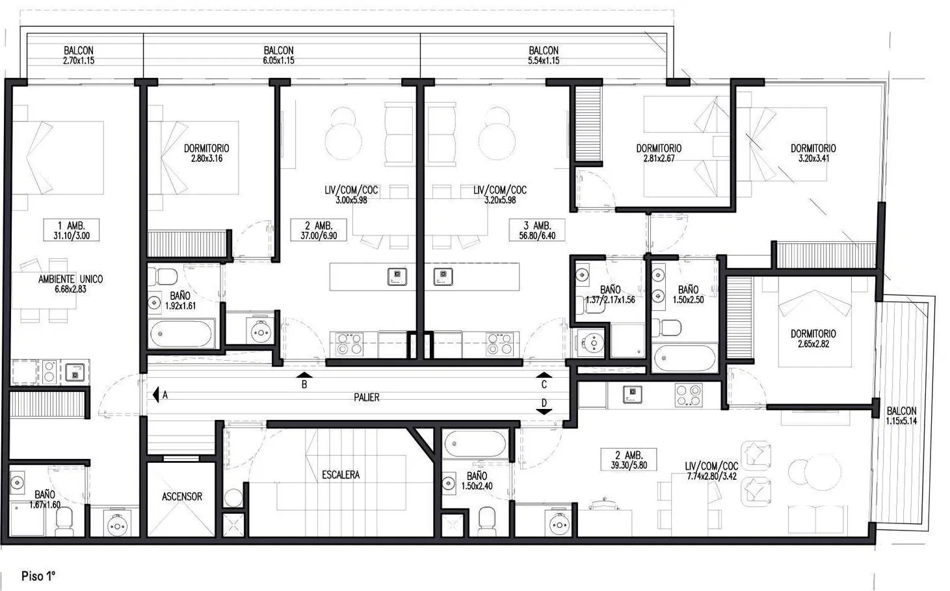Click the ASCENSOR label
click(x=182, y=497)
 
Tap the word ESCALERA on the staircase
click(x=341, y=475)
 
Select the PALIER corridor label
click(x=367, y=398)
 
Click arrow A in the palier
click(x=155, y=395)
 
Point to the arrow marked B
click(x=304, y=374)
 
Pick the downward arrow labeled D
click(x=544, y=412)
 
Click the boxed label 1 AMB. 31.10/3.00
click(x=72, y=230)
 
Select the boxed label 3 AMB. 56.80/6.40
click(x=537, y=230)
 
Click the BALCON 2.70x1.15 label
click(x=79, y=55)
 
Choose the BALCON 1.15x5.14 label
click(x=901, y=416)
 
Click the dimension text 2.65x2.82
click(x=813, y=344)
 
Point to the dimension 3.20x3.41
click(x=813, y=159)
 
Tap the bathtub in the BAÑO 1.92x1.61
click(x=181, y=334)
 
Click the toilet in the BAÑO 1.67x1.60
click(x=64, y=521)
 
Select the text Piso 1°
click(x=38, y=576)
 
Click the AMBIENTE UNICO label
click(x=70, y=280)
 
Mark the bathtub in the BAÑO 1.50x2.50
click(x=685, y=358)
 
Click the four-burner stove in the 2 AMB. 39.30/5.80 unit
click(x=689, y=395)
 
